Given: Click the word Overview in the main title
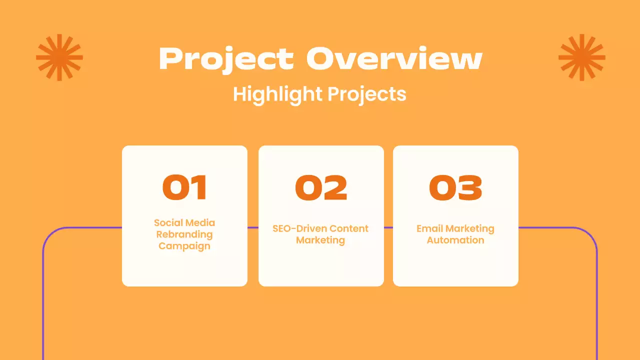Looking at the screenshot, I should coord(394,58).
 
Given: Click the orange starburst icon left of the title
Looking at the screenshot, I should coord(59,57).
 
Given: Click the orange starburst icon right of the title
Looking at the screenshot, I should coord(581,57).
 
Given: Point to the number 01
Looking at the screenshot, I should coord(184,187).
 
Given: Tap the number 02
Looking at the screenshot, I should coord(321,187).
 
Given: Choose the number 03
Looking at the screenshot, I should coord(455,187).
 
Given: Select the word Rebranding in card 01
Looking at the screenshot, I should coord(184,234).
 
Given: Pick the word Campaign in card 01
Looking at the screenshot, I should coord(184,246).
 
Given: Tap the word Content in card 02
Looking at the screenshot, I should coord(348,228).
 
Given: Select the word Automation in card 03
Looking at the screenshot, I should coord(455,240).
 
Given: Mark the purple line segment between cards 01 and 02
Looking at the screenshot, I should coord(253,227).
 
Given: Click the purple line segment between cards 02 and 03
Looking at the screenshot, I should coord(388,227).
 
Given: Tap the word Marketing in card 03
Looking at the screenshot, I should coord(469,228).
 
